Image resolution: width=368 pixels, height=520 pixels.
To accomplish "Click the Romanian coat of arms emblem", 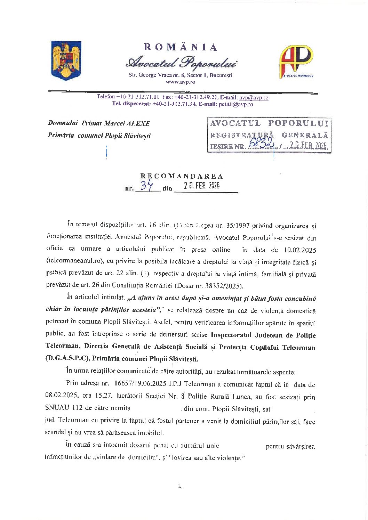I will pyautogui.click(x=66, y=60).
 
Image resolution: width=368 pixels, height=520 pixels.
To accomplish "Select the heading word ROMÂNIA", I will pyautogui.click(x=181, y=47).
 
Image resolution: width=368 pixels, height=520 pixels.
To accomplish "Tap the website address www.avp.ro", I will pyautogui.click(x=180, y=82).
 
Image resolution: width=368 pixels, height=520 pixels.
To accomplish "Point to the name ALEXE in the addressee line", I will pyautogui.click(x=138, y=123).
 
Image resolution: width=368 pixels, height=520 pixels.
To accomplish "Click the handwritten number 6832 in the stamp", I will pyautogui.click(x=263, y=144).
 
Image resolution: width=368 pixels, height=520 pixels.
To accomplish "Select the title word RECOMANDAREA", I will pyautogui.click(x=182, y=176).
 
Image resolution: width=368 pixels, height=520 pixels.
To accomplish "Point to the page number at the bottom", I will pyautogui.click(x=180, y=486).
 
